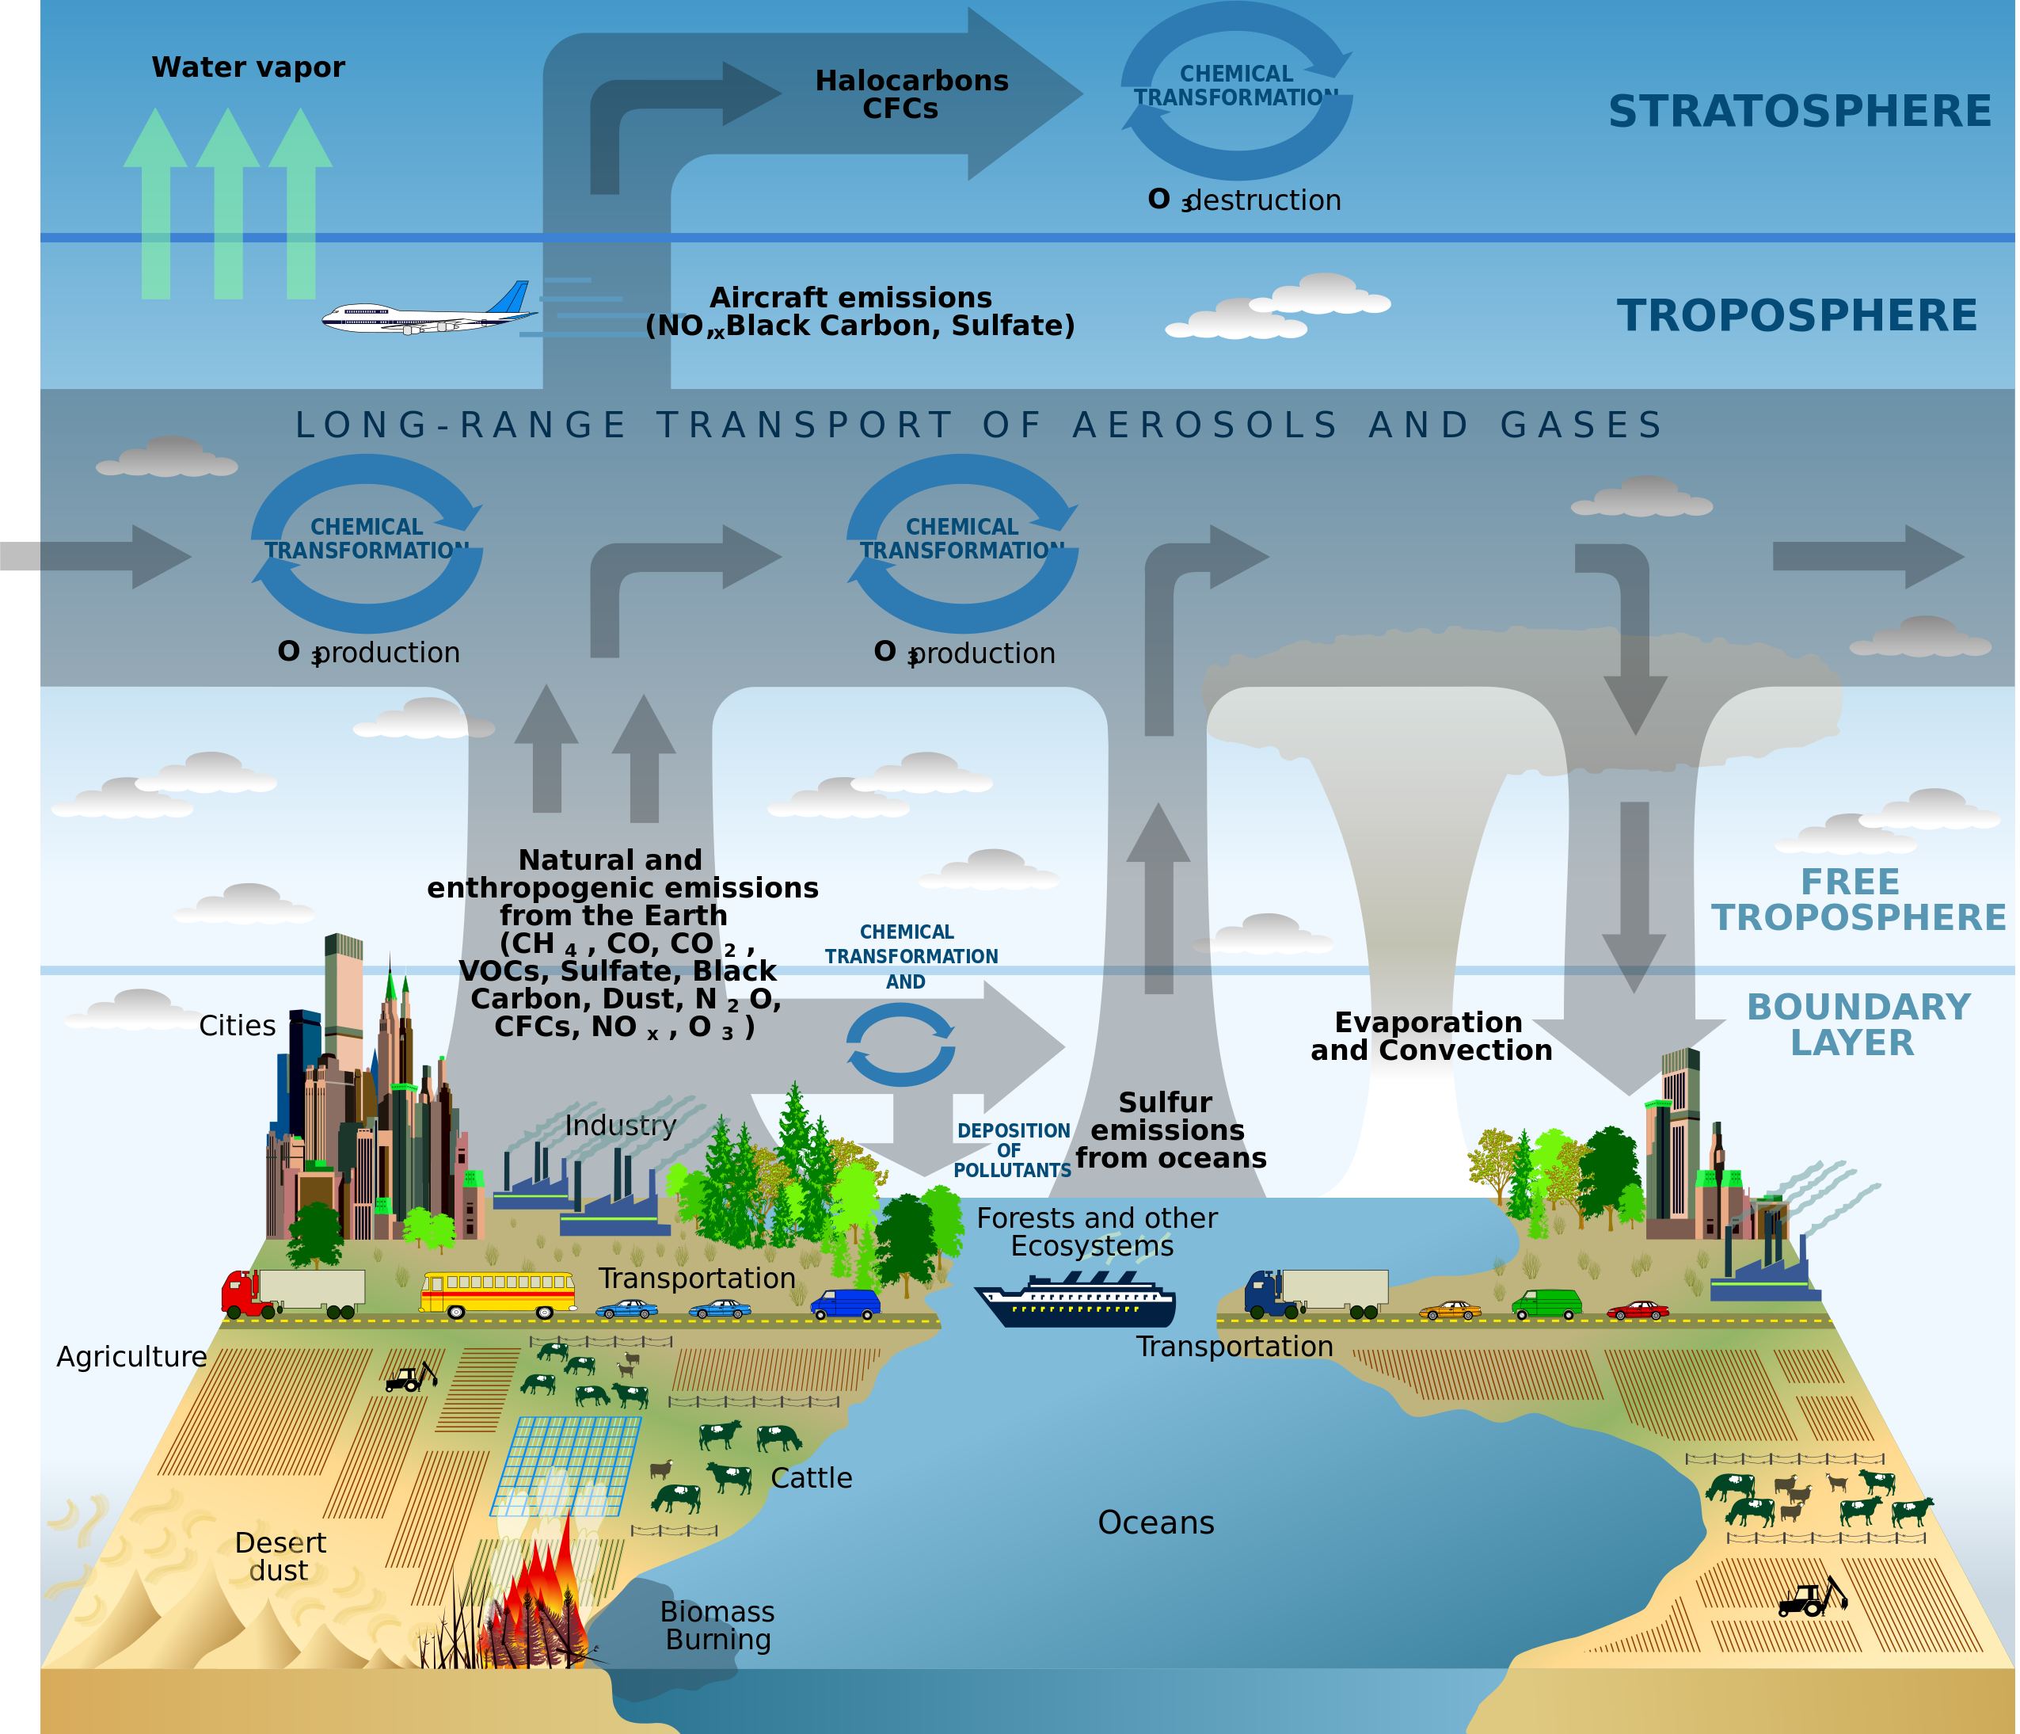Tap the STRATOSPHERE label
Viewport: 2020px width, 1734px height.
point(1800,111)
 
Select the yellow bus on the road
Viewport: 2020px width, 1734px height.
point(497,1295)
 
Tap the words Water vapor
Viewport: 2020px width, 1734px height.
point(248,67)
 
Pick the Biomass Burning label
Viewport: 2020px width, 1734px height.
point(717,1625)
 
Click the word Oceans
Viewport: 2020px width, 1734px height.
point(1155,1523)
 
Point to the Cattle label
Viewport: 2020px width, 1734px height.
point(811,1478)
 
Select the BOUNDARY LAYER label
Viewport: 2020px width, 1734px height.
point(1857,1025)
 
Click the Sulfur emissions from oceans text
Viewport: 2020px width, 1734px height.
point(1170,1130)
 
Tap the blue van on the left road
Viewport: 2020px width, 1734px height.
point(845,1304)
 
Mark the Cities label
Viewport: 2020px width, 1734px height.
point(237,1026)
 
